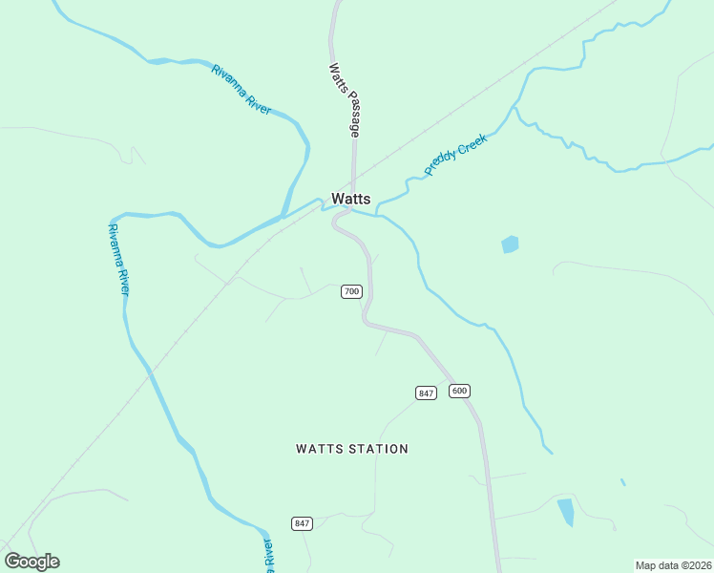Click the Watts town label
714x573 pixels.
[350, 199]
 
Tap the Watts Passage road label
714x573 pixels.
[343, 100]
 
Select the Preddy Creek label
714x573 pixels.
[456, 154]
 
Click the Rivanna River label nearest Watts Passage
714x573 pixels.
[241, 90]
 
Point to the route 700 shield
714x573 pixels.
[351, 291]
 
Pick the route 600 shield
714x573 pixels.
[460, 391]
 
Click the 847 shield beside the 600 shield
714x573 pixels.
[426, 393]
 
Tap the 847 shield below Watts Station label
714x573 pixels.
[302, 523]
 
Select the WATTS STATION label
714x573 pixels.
[352, 449]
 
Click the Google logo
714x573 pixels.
[31, 562]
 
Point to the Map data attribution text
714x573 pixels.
[673, 565]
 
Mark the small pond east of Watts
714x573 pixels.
[510, 244]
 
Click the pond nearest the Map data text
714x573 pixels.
[566, 512]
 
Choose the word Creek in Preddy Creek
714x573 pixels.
[471, 145]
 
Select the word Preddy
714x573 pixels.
[441, 163]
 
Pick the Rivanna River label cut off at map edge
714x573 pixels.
[268, 553]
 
